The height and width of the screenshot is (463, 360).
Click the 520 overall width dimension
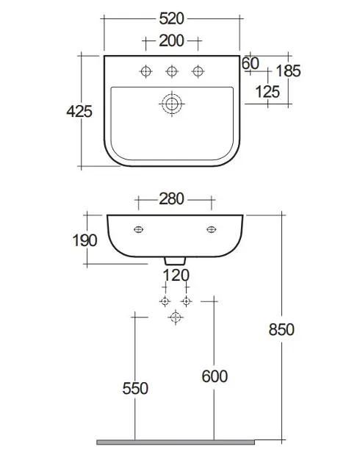point(171,18)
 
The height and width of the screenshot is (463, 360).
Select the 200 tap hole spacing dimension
point(171,40)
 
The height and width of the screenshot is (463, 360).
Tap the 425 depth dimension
point(79,111)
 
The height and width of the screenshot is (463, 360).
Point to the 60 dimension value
point(251,63)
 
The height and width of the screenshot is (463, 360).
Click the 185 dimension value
point(288,71)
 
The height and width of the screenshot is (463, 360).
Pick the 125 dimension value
point(267,92)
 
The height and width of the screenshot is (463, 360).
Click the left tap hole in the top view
point(145,71)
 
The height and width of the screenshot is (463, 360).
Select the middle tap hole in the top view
point(172,71)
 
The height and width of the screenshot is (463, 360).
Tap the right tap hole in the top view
point(198,71)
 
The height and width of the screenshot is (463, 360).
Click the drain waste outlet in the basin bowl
point(172,104)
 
